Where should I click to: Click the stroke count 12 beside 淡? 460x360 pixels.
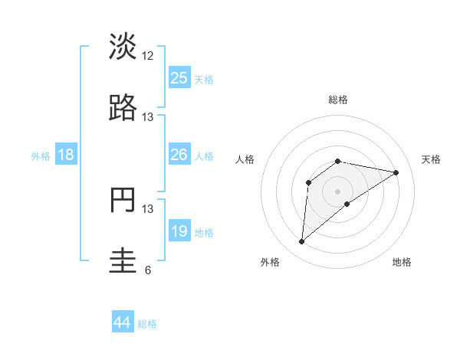tap(148, 56)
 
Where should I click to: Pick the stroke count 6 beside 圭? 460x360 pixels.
tap(148, 270)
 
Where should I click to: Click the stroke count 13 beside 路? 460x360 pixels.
tap(148, 117)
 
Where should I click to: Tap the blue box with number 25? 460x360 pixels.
tap(179, 78)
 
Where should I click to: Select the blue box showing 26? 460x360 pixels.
tap(179, 155)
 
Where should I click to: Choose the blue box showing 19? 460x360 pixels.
tap(179, 231)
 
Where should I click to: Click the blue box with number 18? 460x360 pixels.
tap(66, 155)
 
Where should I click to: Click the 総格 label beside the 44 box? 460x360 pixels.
tap(148, 324)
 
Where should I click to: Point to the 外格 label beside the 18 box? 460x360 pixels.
tap(41, 156)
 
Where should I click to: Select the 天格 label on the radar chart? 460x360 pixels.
tap(431, 159)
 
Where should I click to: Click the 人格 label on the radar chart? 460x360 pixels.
tap(245, 159)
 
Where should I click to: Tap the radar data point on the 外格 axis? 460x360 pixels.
tap(302, 242)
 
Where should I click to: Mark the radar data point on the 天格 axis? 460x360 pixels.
tap(396, 172)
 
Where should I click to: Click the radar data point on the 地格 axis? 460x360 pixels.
tap(347, 203)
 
